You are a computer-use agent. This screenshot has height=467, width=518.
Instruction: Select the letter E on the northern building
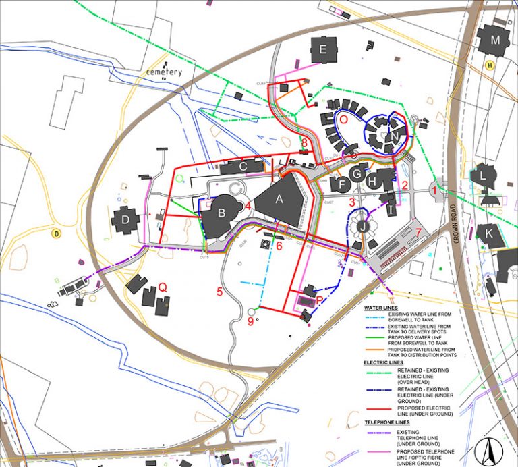point(323,49)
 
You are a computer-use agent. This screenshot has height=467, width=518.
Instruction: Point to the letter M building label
point(496,40)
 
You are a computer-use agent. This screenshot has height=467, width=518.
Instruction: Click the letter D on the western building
point(125,219)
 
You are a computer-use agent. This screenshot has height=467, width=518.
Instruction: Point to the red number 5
point(219,292)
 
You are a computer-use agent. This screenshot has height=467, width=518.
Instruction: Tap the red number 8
point(305,142)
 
